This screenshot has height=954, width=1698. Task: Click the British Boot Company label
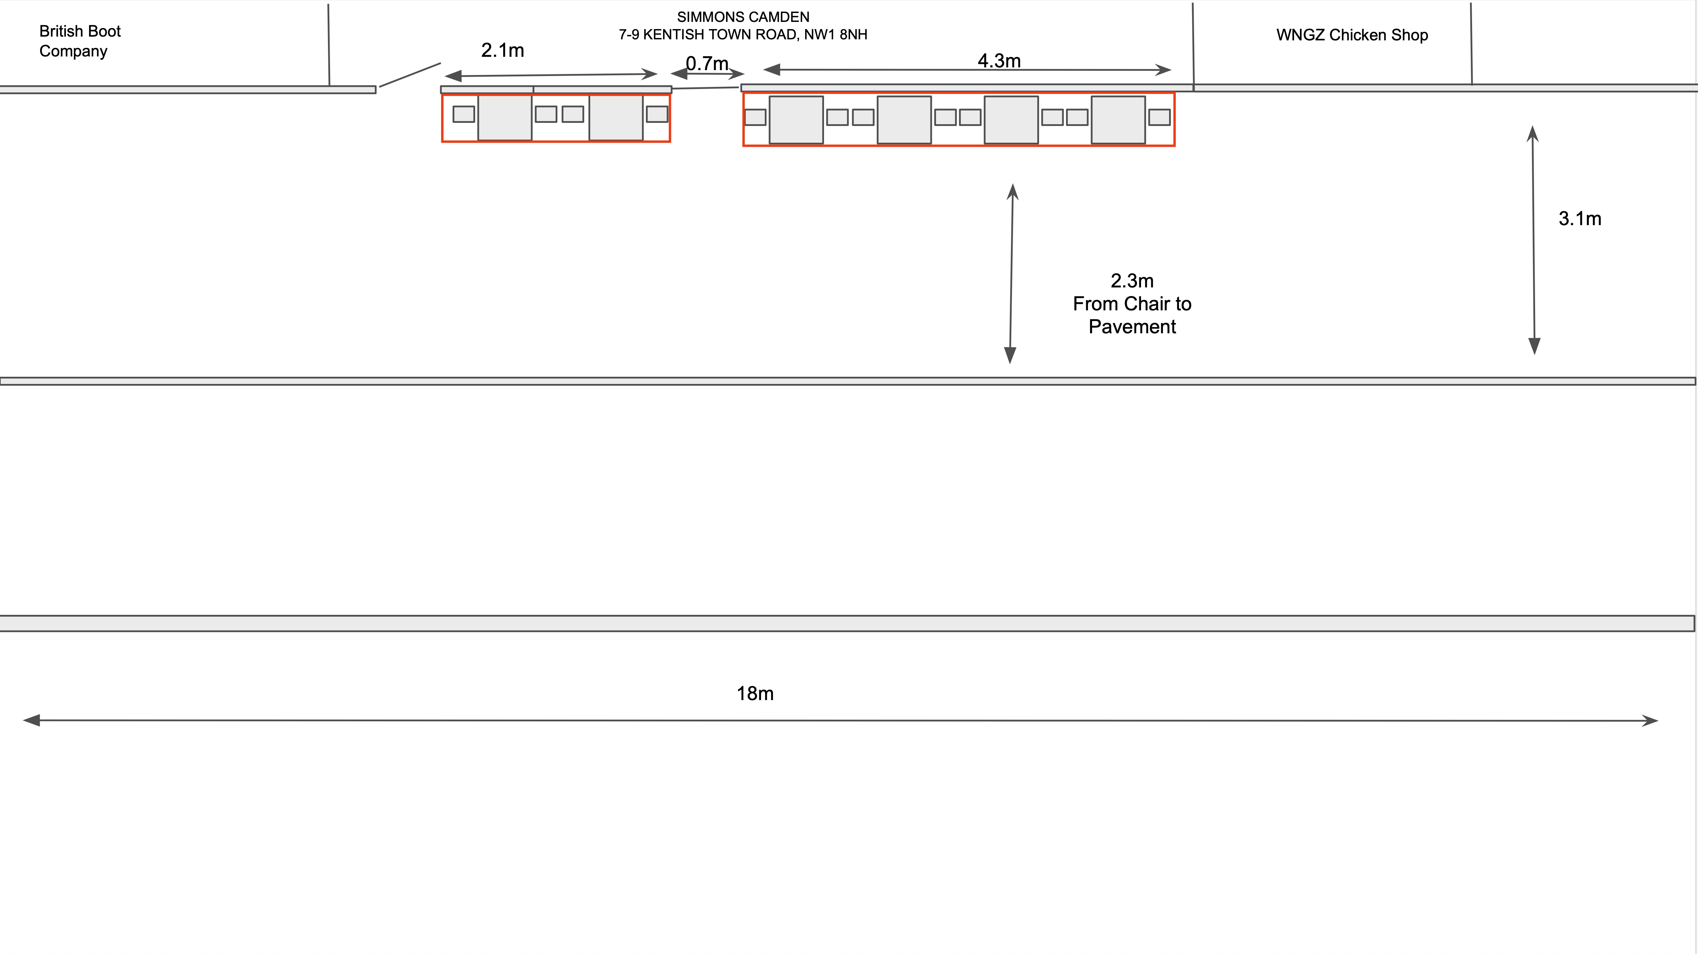point(80,41)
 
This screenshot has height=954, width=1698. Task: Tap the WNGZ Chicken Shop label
point(1352,35)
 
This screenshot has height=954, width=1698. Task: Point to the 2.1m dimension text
point(502,50)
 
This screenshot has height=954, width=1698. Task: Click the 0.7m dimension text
point(707,63)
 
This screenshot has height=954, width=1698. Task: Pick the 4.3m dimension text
point(999,61)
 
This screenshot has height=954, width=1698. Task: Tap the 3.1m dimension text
point(1579,219)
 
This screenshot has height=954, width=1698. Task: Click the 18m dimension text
point(755,693)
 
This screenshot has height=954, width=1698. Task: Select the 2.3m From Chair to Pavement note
point(1132,304)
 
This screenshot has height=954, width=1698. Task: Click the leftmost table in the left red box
point(505,118)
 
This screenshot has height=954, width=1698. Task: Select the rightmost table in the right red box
point(1119,120)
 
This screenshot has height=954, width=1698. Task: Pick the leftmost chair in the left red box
point(464,114)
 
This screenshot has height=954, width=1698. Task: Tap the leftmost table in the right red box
point(796,120)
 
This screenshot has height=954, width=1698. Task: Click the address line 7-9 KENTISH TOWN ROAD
point(743,34)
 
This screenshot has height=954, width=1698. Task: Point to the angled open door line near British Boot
point(410,75)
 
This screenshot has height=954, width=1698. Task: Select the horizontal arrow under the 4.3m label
point(967,69)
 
